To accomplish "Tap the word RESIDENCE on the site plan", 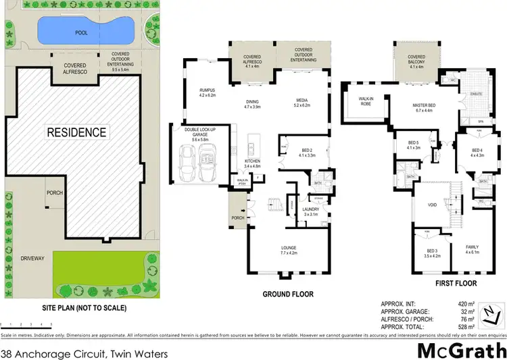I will [x=76, y=132].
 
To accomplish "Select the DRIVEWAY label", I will [x=32, y=258].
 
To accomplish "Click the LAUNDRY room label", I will [x=311, y=209].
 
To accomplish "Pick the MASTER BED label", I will [x=427, y=107].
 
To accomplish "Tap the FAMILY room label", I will [x=472, y=247].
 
